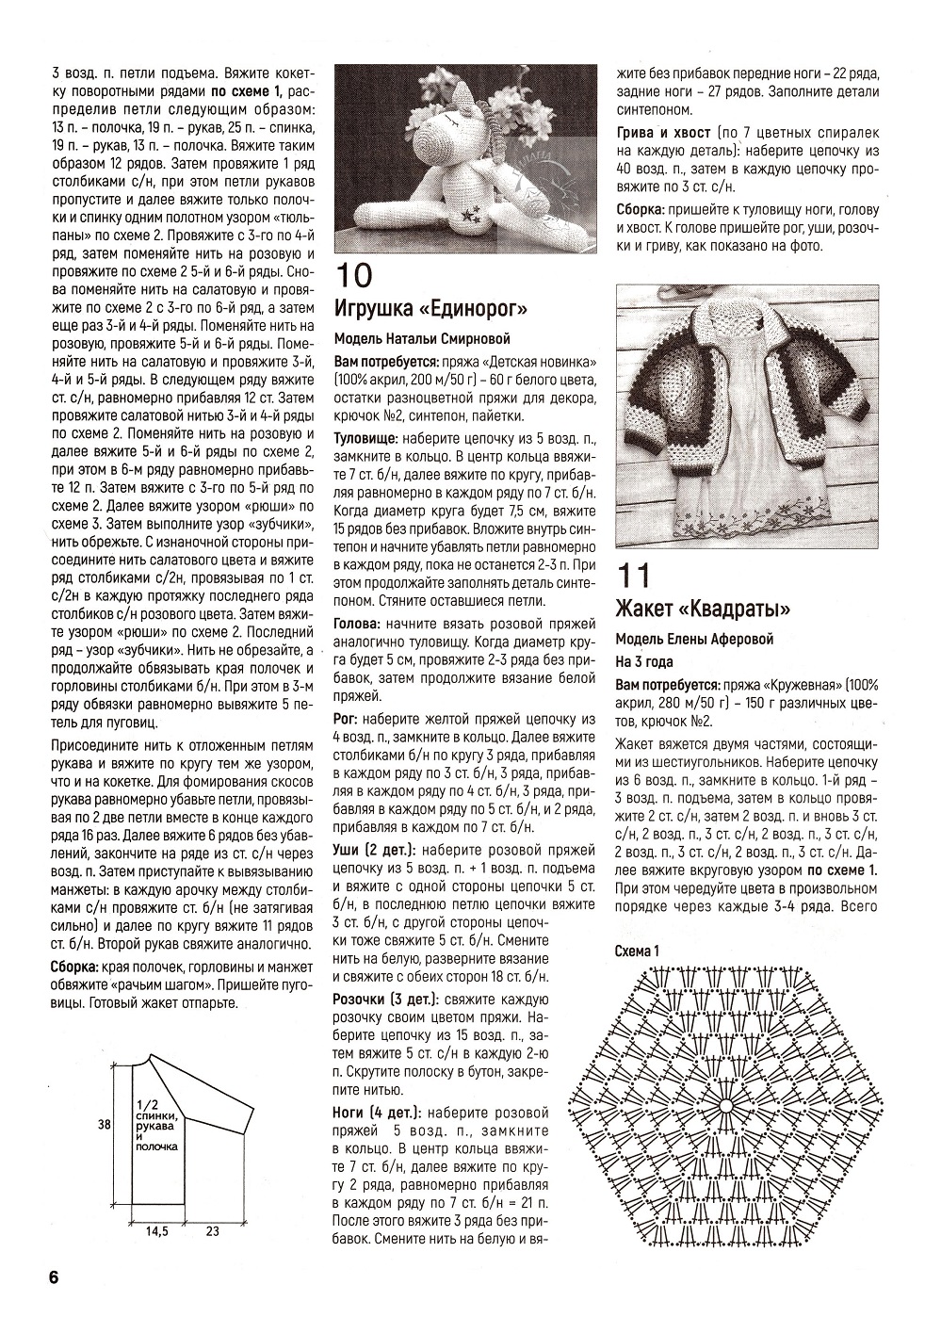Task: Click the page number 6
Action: click(53, 1277)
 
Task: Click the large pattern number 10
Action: click(354, 275)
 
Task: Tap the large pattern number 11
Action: click(633, 575)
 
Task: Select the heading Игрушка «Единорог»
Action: click(430, 309)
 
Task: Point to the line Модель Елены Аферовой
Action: click(693, 640)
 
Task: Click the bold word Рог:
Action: click(345, 719)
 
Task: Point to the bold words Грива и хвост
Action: click(661, 133)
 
